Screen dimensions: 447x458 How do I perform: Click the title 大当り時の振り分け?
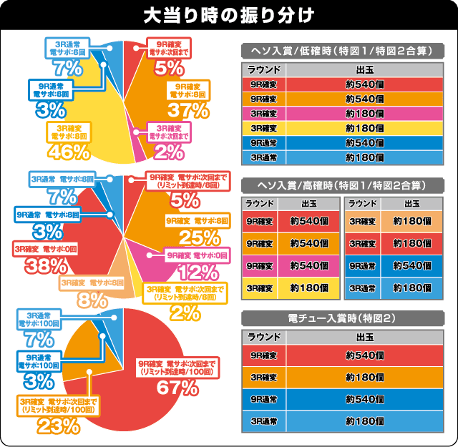click(228, 15)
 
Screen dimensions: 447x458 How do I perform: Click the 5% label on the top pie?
click(169, 69)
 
